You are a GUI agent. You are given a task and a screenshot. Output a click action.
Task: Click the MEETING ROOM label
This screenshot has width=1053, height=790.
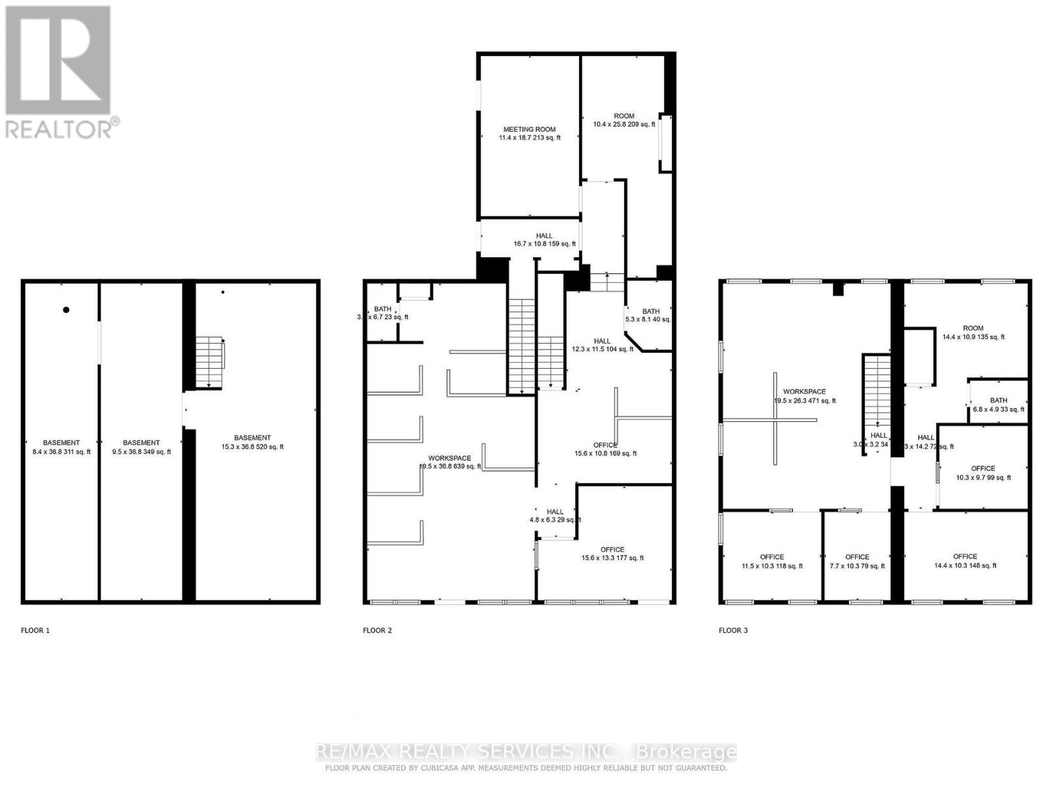pos(529,134)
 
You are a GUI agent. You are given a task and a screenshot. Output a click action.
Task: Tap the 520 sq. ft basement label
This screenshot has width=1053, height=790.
pos(252,442)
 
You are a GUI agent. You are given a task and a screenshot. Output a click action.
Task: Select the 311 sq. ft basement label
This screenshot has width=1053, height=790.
pos(61,447)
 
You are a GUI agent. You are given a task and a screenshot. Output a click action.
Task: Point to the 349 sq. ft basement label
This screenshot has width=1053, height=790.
pos(141,447)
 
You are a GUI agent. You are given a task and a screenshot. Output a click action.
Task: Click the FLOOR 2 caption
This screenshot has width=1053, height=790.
pos(377,630)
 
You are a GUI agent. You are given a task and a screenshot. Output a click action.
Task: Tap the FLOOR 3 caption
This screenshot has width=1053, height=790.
pos(733,630)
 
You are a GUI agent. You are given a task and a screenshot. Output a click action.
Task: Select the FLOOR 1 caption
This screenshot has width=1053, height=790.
pos(36,630)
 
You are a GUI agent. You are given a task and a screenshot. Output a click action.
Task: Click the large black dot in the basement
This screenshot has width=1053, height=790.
pos(66,310)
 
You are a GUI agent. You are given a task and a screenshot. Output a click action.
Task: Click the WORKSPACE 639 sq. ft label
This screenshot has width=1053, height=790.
pos(450,462)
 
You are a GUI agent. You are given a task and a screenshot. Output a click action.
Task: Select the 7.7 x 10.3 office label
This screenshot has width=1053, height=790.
pos(857,561)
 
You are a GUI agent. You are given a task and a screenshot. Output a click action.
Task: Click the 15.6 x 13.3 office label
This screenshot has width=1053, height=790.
pos(612,554)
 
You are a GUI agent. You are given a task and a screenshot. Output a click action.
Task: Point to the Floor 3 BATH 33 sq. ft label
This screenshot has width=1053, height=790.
pos(998,405)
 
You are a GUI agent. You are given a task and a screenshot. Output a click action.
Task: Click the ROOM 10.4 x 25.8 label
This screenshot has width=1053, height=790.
pos(624,120)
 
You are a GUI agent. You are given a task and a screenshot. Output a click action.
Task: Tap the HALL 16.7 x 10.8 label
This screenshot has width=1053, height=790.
pos(544,240)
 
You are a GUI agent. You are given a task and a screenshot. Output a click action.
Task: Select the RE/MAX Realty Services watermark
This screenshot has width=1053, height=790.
pos(526,751)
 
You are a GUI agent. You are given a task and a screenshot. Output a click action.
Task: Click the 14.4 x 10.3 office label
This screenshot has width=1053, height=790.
pos(965,561)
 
